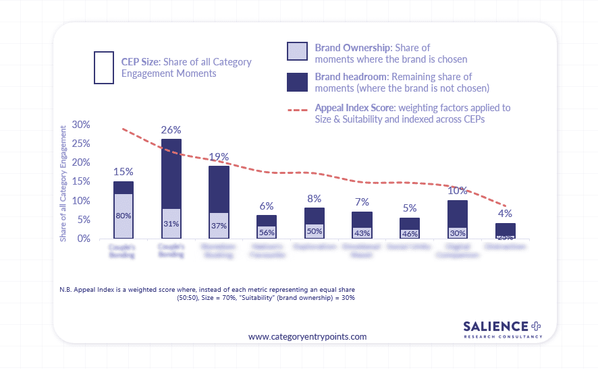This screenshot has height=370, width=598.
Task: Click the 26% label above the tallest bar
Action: [171, 129]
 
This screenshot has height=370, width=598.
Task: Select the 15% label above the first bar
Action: [123, 172]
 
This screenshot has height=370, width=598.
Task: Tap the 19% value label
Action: [219, 157]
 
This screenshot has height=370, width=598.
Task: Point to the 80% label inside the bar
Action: [123, 216]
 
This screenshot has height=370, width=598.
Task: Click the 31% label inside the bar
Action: [171, 224]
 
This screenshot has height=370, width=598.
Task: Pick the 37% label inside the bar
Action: [219, 226]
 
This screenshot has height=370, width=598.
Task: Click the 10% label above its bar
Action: [458, 191]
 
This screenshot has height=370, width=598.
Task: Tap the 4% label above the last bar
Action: [506, 214]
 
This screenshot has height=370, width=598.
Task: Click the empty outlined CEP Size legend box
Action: [104, 67]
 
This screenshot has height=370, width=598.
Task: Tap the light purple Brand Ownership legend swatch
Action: [297, 52]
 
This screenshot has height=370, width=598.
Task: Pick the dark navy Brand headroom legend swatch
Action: [297, 81]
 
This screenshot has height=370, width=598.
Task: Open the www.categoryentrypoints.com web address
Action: [307, 336]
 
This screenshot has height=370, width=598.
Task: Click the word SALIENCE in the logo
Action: [496, 326]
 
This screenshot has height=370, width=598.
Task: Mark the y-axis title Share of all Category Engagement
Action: [63, 182]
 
